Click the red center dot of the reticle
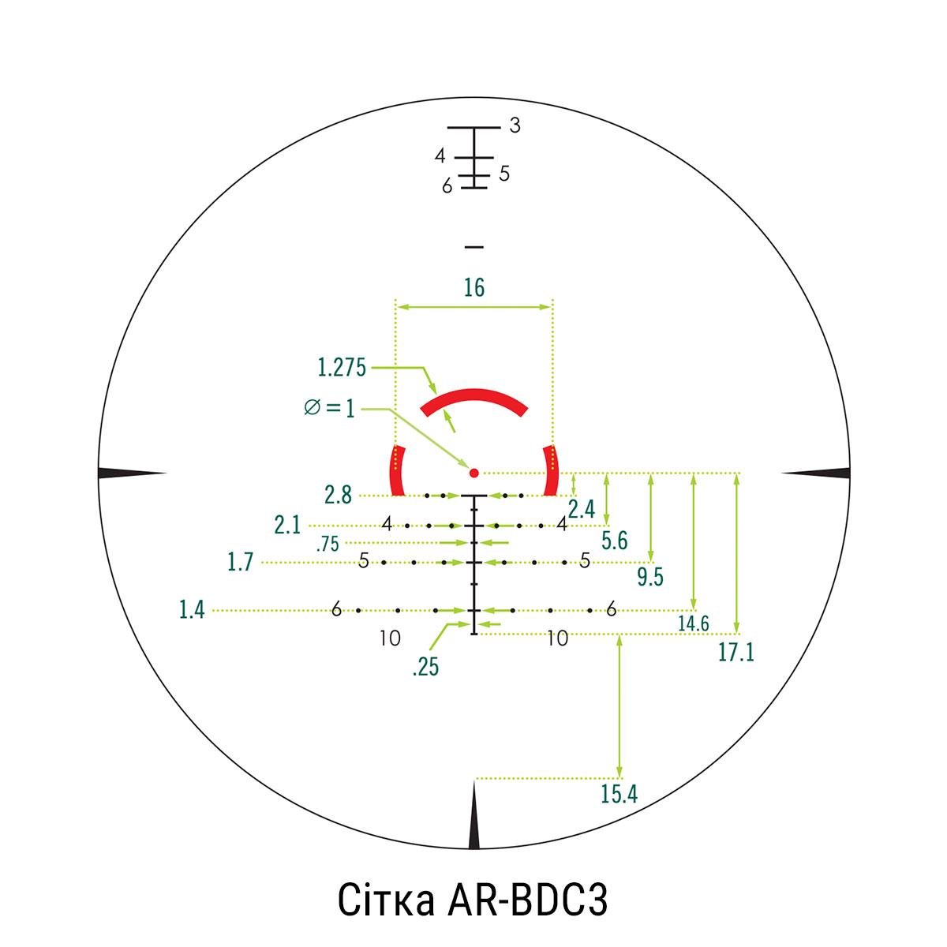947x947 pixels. [x=473, y=473]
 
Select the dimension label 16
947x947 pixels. [x=474, y=287]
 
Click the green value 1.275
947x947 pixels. [x=342, y=368]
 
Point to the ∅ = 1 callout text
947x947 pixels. [x=329, y=408]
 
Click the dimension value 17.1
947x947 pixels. [x=736, y=653]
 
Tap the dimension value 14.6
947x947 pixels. [x=694, y=623]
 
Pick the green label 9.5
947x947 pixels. [x=650, y=577]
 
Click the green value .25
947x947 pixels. [x=425, y=667]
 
